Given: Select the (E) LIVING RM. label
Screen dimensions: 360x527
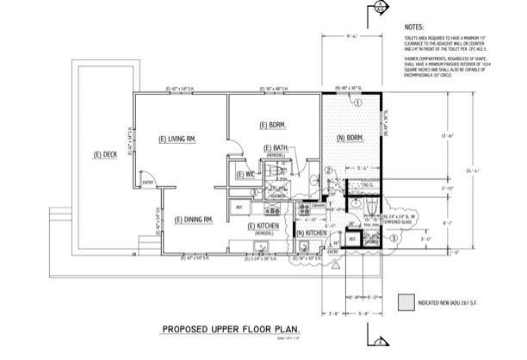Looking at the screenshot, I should [x=179, y=139].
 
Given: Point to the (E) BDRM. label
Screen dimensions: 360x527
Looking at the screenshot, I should [x=273, y=126].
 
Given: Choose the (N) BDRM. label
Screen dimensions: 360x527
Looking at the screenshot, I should [x=350, y=139].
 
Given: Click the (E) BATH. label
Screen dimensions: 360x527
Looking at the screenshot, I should [x=276, y=148].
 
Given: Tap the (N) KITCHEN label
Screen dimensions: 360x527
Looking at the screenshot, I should [x=311, y=233].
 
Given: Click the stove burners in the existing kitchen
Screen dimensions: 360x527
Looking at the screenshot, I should [x=303, y=209].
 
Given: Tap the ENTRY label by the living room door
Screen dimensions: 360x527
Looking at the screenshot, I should [x=147, y=183].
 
